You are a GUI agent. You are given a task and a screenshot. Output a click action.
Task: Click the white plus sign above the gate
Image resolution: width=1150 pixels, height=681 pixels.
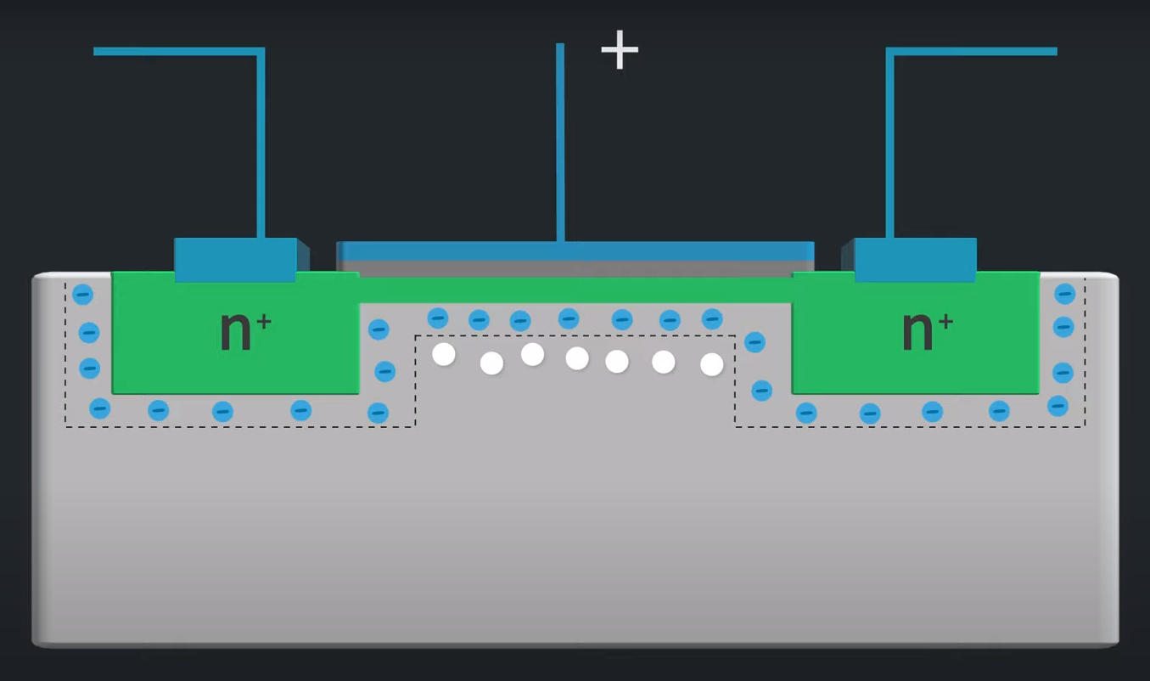[620, 50]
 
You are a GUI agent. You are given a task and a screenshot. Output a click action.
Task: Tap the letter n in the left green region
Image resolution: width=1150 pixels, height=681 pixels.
[235, 330]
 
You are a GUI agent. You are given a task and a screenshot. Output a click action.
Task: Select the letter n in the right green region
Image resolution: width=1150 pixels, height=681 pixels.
[917, 330]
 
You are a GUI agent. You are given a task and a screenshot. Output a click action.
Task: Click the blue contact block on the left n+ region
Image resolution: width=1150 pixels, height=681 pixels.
[235, 259]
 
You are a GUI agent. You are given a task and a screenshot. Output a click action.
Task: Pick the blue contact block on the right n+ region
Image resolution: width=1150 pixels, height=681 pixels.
[915, 259]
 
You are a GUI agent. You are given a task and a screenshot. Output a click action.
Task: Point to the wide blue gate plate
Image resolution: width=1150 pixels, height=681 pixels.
[575, 250]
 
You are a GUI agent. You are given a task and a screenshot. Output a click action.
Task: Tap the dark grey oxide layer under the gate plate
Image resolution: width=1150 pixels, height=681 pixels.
[575, 267]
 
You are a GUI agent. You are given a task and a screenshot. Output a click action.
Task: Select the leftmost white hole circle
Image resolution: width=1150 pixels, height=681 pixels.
[444, 354]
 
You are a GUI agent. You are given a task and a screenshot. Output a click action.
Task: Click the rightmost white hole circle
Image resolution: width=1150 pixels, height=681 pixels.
[711, 364]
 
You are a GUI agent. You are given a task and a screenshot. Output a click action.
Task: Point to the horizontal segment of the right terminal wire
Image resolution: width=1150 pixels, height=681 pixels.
[973, 51]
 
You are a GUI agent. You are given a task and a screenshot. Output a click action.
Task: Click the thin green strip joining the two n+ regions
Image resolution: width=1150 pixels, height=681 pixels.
[575, 290]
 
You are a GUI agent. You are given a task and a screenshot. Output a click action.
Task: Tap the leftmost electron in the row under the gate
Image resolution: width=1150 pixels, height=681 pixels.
[438, 318]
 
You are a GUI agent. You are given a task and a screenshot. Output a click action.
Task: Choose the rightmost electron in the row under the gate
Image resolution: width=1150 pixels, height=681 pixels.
[712, 318]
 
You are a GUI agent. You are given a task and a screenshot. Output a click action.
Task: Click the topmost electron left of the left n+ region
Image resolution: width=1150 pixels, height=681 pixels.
[82, 295]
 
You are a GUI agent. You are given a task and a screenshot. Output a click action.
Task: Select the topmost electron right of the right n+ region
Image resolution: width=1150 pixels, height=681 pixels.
[1064, 294]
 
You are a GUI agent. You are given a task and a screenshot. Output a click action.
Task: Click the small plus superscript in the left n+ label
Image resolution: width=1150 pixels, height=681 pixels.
[264, 322]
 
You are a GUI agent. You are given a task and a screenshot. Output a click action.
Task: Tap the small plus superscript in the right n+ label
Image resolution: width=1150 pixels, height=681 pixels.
[945, 322]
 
